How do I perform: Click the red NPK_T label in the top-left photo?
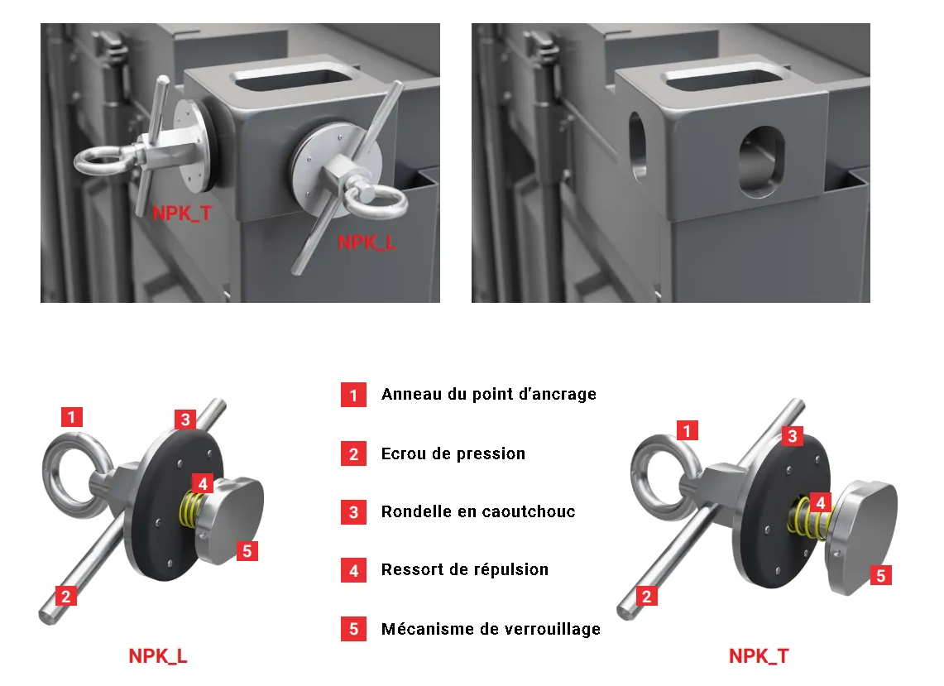tap(182, 213)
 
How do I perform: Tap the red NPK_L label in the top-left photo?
tap(367, 242)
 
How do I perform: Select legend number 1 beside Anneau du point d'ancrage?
tap(353, 395)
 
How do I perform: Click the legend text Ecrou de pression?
tap(453, 453)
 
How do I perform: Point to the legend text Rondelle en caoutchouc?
tap(478, 511)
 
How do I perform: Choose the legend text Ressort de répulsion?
tap(465, 570)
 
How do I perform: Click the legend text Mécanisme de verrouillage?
tap(491, 629)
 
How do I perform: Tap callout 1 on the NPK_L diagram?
tap(72, 417)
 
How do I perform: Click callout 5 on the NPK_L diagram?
tap(247, 550)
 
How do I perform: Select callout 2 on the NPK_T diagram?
tap(646, 597)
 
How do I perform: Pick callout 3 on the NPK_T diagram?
tap(793, 435)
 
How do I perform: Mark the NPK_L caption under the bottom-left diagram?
tap(158, 656)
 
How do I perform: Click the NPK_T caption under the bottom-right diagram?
tap(759, 656)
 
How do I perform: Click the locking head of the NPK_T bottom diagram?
tap(863, 538)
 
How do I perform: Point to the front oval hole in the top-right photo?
tap(762, 161)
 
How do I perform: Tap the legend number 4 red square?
tap(353, 570)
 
